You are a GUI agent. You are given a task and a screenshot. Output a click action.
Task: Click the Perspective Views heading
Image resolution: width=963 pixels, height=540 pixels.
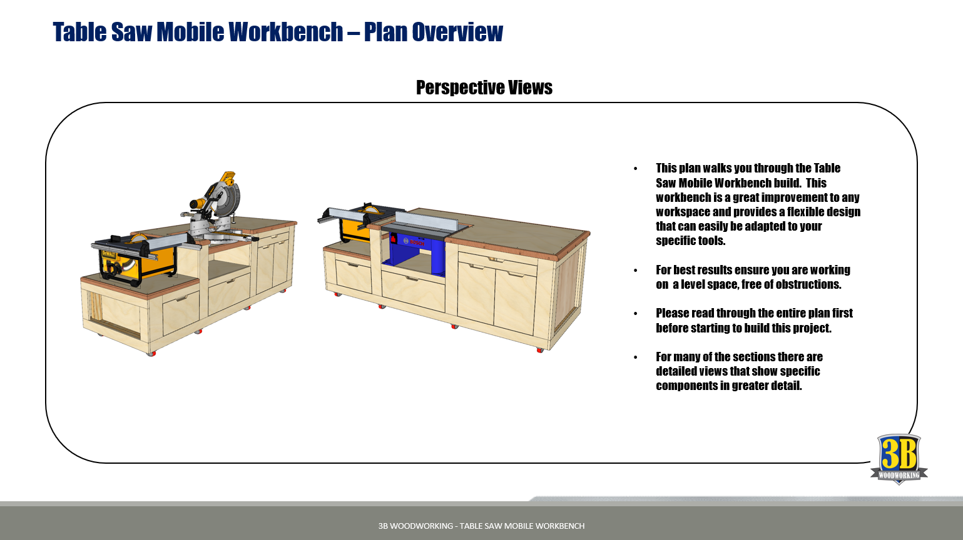tap(484, 87)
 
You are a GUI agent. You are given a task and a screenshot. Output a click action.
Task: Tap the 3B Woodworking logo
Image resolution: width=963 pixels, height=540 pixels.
tap(899, 459)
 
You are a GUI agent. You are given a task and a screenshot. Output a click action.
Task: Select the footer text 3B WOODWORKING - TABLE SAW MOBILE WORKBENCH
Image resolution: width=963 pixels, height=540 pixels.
tap(482, 526)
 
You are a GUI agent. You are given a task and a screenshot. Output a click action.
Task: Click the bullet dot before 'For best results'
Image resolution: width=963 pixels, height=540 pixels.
tap(635, 271)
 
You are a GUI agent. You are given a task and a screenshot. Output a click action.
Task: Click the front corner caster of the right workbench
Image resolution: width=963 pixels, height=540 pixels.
tap(540, 350)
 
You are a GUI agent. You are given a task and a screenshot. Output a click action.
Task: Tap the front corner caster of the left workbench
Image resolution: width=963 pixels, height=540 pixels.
tap(151, 353)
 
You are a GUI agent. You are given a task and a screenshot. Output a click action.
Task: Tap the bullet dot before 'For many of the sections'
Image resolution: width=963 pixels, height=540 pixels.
tap(635, 357)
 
